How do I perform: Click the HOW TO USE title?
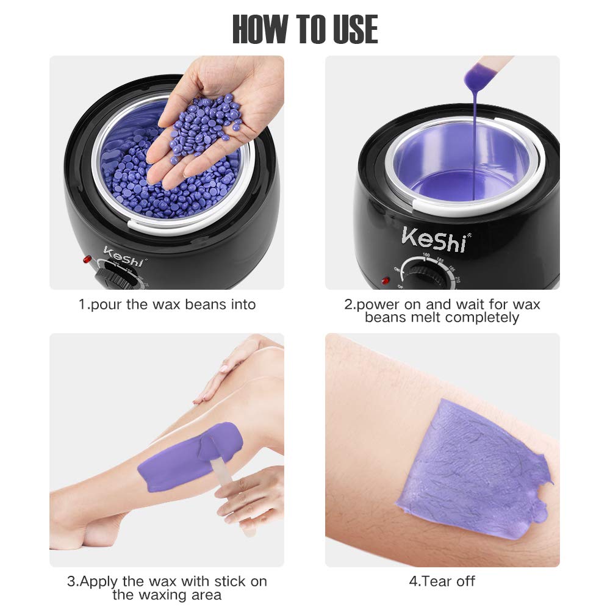[x=305, y=28]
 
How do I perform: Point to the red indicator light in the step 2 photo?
[x=385, y=281]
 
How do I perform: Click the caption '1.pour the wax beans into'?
[x=167, y=304]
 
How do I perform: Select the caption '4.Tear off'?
[x=442, y=581]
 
